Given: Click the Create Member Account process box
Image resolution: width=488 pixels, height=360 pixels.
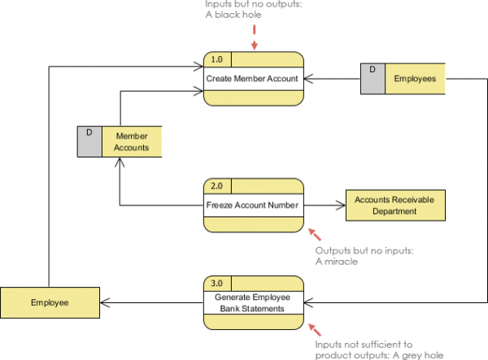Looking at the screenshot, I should (253, 79).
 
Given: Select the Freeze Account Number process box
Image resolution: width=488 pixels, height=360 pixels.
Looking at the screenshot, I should (253, 205).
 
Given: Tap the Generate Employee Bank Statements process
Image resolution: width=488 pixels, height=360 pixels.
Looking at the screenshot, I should (253, 303).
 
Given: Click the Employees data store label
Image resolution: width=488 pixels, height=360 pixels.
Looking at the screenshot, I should (415, 79).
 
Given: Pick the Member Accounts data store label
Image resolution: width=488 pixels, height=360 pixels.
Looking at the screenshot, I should (131, 141).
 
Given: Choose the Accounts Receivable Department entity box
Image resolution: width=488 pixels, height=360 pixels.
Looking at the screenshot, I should (395, 205).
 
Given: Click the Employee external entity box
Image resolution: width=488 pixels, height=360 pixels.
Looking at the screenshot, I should (50, 302).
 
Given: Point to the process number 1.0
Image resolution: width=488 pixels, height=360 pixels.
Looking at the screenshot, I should (216, 59).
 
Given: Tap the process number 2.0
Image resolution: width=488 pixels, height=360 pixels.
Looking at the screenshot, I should (216, 185).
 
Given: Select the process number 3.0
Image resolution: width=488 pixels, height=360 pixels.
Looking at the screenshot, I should (216, 283).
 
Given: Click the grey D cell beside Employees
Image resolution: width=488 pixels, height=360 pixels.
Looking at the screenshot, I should (373, 79).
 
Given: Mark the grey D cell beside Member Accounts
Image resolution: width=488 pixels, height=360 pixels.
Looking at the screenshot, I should (89, 141).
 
